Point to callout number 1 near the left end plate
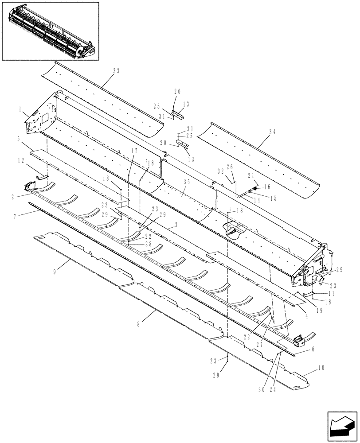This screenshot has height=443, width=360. [20, 109]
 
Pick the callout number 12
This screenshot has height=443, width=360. [20, 161]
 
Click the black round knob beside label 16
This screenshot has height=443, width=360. [256, 188]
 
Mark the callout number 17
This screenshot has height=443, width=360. [135, 151]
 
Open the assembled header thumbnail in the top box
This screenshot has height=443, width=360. [50, 30]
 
